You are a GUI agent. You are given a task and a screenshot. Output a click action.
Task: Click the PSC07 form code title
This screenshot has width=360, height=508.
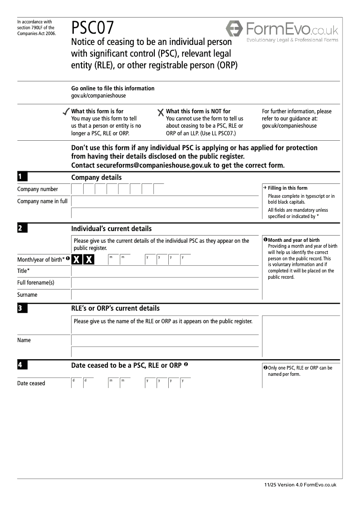point(93,29)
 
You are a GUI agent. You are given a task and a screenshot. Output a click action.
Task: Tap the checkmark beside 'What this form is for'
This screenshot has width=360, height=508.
point(67,111)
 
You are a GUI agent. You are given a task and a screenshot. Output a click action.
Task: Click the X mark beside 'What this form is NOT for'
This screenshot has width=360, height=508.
point(161,112)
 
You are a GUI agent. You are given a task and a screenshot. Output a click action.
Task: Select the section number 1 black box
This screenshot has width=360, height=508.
point(22,177)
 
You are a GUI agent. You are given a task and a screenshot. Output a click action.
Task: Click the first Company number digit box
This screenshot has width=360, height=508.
point(77,189)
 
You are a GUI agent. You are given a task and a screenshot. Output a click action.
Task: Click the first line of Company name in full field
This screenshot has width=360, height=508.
point(165,201)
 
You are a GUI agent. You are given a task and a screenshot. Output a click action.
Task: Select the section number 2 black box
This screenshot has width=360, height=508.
point(22,228)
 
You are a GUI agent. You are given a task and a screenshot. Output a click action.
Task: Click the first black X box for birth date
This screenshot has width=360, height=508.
point(77,259)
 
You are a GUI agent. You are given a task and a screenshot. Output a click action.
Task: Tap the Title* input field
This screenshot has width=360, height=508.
point(165,271)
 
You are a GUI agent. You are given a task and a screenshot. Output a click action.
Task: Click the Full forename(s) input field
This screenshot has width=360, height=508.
point(165,283)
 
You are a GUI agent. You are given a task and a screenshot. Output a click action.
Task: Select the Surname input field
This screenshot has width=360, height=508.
point(165,294)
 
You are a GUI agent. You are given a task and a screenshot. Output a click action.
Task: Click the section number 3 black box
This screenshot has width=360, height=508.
point(22,308)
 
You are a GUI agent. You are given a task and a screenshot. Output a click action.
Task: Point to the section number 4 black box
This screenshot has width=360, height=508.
point(22,365)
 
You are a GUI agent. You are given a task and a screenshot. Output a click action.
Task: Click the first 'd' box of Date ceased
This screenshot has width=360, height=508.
point(76,383)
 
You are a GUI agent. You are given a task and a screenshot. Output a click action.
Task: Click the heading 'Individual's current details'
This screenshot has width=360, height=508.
point(111,229)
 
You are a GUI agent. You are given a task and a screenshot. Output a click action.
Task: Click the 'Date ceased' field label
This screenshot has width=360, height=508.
point(31,383)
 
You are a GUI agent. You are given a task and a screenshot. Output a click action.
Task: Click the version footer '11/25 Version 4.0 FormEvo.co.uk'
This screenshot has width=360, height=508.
point(300,485)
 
